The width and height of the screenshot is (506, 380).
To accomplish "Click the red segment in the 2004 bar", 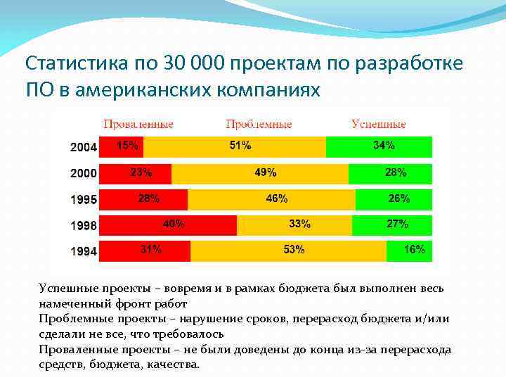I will (x=121, y=146).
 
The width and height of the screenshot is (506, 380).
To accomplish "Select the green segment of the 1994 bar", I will (x=409, y=251).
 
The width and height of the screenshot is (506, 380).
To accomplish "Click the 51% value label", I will (x=240, y=146).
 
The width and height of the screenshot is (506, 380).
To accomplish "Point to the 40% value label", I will (x=174, y=224).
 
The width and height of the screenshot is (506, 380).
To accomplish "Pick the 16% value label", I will (x=415, y=250).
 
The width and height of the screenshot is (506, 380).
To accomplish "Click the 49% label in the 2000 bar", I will (x=266, y=172).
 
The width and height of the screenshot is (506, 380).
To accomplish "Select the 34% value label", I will (x=384, y=146).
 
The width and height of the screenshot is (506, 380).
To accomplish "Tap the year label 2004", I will (x=84, y=148).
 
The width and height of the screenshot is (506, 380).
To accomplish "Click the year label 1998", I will (x=84, y=227).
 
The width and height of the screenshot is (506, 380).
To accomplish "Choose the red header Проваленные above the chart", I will (x=138, y=125).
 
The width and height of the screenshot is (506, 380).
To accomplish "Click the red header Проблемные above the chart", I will (x=259, y=125).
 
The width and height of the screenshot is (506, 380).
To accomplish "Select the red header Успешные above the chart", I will (x=379, y=125).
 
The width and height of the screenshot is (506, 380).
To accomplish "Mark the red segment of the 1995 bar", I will (x=143, y=199).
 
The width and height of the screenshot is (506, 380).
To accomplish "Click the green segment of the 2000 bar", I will (x=390, y=173).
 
